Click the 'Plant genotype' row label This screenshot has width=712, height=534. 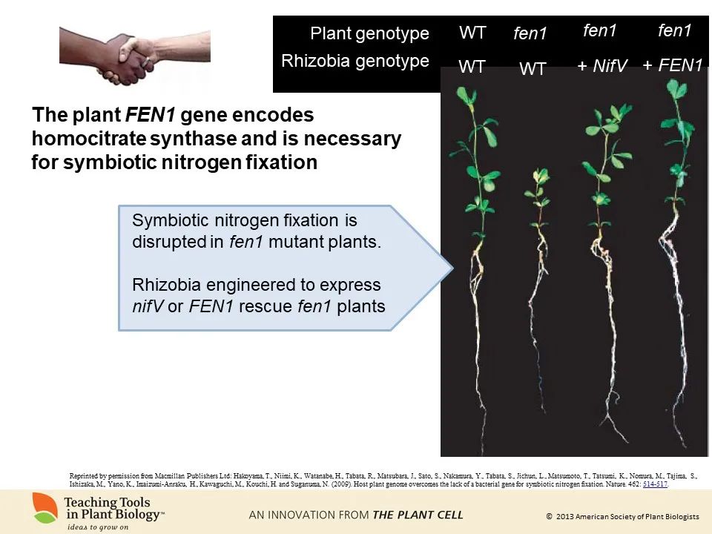click(x=369, y=33)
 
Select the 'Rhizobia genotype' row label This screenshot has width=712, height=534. click(x=355, y=61)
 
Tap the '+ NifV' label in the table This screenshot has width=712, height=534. click(x=602, y=67)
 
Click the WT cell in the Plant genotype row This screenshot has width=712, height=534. click(x=472, y=33)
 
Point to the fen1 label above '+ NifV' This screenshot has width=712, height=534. click(x=600, y=30)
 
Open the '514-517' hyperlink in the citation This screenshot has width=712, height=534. click(x=655, y=484)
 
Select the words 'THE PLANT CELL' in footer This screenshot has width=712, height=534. click(x=418, y=514)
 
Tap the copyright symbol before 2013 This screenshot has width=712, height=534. click(x=549, y=516)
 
